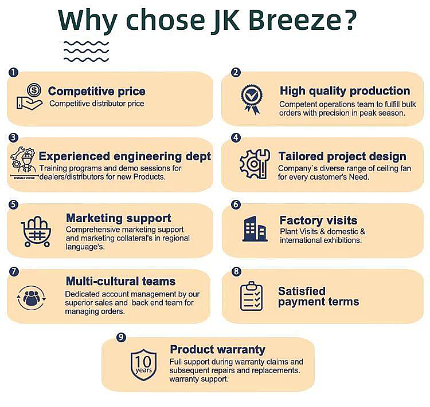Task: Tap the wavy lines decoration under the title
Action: [x=86, y=51]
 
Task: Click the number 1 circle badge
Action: [x=13, y=72]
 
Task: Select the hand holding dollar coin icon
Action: [x=29, y=96]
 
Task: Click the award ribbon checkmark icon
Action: [x=252, y=99]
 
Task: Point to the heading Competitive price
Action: [x=96, y=91]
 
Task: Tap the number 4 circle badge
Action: [x=236, y=138]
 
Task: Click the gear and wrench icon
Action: [x=255, y=164]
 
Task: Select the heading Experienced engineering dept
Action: [x=125, y=156]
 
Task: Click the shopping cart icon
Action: [x=36, y=232]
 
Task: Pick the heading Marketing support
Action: [x=119, y=218]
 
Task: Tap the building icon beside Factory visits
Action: [x=255, y=229]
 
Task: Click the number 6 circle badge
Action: [x=236, y=204]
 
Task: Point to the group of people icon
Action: [x=32, y=298]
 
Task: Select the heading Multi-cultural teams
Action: [x=120, y=281]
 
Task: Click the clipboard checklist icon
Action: [x=251, y=296]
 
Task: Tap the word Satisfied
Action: [x=302, y=291]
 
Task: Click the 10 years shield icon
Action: [x=143, y=365]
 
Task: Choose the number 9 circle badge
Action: [x=121, y=337]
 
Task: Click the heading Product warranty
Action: [x=218, y=350]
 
